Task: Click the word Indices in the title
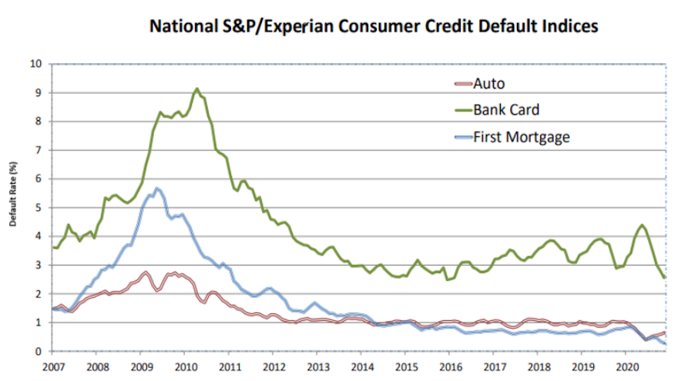point(569,26)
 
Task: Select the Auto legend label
point(489,84)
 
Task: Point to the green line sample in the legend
point(460,110)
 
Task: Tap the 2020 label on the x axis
point(627,366)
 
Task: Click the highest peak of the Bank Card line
point(197,89)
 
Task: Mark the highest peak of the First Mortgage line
point(157,188)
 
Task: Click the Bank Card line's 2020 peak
point(642,225)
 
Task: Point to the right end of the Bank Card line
point(665,277)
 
